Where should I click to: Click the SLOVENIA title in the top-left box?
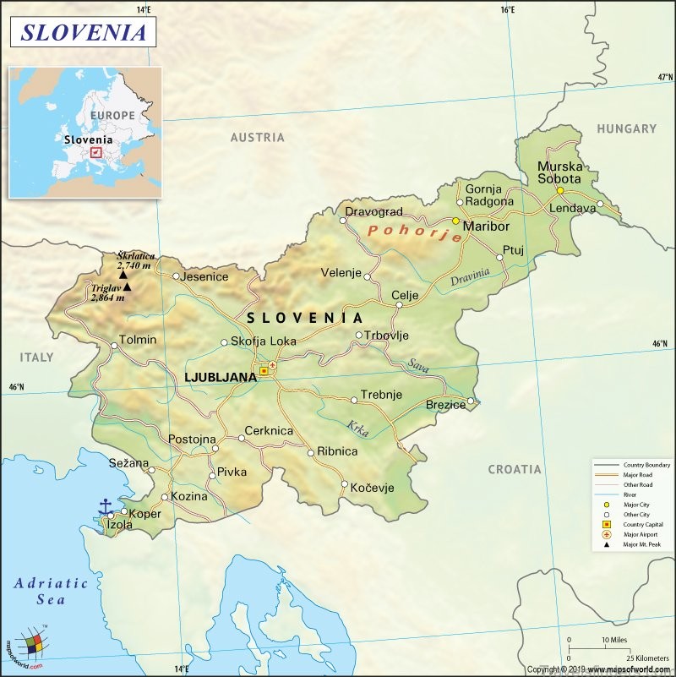[x=83, y=32]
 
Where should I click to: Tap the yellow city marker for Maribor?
[x=455, y=221]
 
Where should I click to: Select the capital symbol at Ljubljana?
[x=264, y=370]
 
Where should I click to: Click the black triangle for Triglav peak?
[x=127, y=287]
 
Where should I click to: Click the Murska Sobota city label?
[x=559, y=172]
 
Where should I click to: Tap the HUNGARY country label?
[x=626, y=128]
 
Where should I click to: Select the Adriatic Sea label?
[x=51, y=591]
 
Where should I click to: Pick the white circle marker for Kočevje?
[x=344, y=485]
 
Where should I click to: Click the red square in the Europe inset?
[x=95, y=152]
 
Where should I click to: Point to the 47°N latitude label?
[x=665, y=77]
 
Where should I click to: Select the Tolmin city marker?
[x=114, y=344]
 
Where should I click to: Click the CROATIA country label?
[x=515, y=468]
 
